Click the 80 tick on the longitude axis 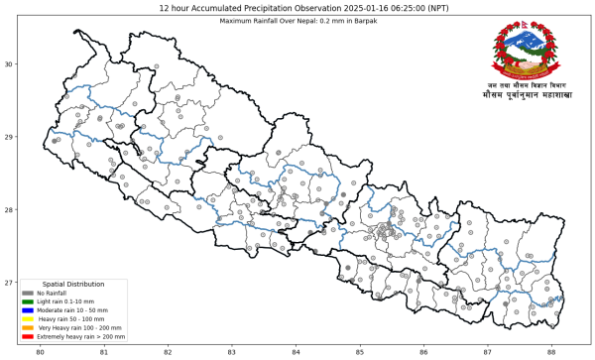tap(40, 351)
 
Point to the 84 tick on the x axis tap(296, 351)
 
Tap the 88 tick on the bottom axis tap(551, 351)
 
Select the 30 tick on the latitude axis tap(8, 64)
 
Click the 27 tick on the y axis tap(8, 283)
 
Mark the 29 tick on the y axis tap(8, 137)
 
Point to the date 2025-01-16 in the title tap(344, 7)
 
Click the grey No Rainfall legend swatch tap(28, 294)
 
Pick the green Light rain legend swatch tap(28, 301)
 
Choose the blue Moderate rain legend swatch tap(28, 310)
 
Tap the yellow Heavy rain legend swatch tap(28, 319)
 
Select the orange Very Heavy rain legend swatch tap(28, 328)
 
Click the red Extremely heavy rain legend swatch tap(28, 337)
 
